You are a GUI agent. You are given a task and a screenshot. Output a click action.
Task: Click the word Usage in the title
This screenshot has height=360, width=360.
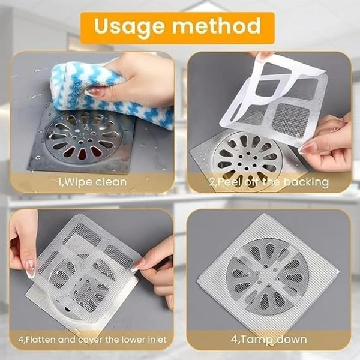pos(130,26)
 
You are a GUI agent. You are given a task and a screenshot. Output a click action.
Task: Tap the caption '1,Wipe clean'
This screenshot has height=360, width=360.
pos(93,181)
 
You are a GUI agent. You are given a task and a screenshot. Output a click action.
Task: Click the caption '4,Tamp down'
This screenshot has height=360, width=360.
pos(268,340)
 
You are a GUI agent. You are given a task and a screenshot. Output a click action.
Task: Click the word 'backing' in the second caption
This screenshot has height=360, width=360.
pos(307,181)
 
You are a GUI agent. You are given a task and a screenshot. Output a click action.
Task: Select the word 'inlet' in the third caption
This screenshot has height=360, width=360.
pos(155,340)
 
